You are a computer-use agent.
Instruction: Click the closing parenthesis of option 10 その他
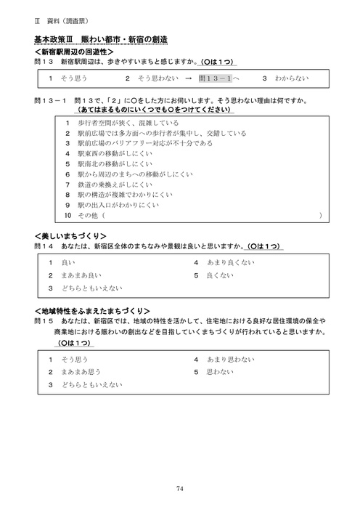tap(319, 216)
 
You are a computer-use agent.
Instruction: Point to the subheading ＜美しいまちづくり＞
tap(70, 236)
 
